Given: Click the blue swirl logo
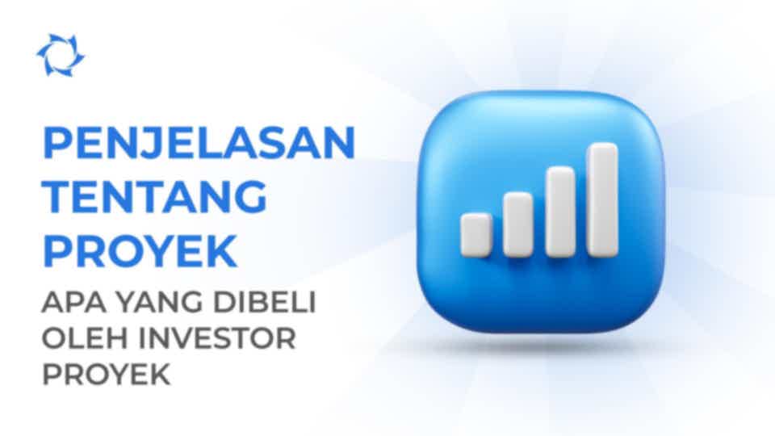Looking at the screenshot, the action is [61, 56].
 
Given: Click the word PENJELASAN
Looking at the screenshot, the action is [199, 142].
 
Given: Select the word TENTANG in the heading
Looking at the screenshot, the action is [155, 196].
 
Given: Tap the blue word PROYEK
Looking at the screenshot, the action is [140, 250].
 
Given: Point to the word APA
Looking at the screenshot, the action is [73, 303].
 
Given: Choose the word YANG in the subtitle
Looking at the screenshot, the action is [159, 303].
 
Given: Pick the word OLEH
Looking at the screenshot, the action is [86, 338].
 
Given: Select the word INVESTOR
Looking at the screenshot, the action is [217, 338].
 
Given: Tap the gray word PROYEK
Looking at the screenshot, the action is [107, 374].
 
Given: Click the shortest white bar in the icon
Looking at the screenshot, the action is [476, 235].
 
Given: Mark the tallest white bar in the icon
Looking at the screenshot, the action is [602, 199].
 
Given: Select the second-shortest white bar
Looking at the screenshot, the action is [518, 224].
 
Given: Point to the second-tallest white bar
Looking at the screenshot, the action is [560, 212].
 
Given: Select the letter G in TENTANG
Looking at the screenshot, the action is [249, 196].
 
